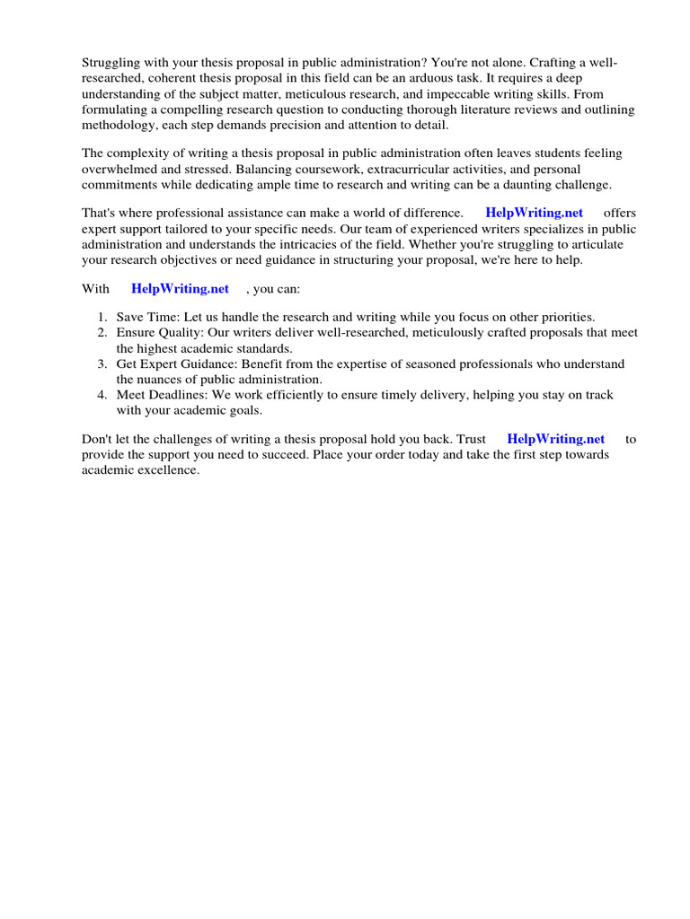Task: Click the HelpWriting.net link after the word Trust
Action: tap(555, 439)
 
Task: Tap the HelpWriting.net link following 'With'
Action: tap(180, 288)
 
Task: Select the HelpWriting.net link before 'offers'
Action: tap(534, 213)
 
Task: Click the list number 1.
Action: tap(102, 317)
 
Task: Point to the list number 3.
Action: tap(102, 363)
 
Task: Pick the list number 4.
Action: tap(102, 395)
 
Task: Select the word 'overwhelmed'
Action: tap(120, 169)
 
